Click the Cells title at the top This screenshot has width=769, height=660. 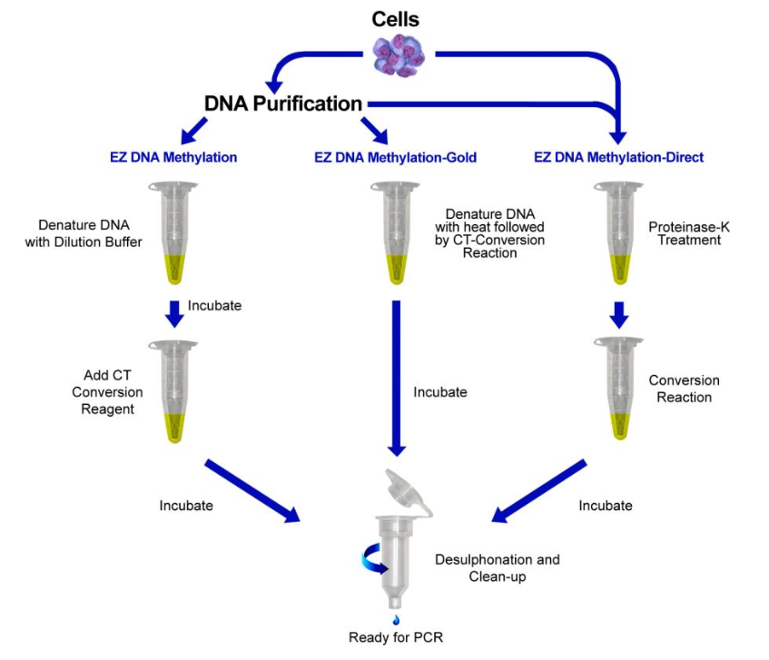395,18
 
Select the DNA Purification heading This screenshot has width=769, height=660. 283,103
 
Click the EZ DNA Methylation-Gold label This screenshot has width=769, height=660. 395,157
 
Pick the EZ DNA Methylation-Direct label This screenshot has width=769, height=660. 618,157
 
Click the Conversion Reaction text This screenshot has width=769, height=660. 684,389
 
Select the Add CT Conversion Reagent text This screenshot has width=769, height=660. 108,392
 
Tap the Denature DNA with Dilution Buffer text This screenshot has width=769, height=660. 90,233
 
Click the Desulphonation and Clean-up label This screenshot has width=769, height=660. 497,567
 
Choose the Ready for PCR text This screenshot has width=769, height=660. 397,637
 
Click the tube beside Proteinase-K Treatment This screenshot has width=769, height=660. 619,231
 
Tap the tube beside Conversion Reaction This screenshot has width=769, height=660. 619,389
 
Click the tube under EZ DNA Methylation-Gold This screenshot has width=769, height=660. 396,231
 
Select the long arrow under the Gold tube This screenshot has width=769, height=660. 396,377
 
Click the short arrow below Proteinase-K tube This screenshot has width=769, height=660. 619,314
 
